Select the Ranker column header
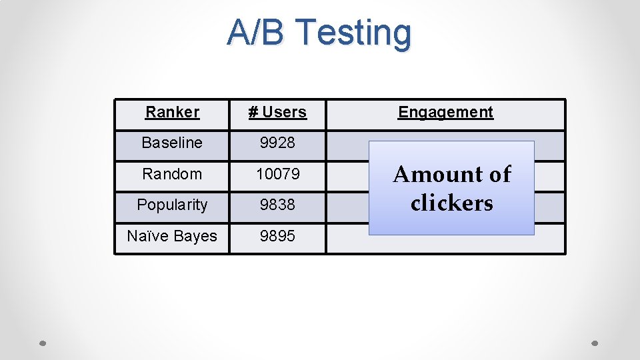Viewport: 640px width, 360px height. click(172, 112)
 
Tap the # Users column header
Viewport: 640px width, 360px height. click(277, 112)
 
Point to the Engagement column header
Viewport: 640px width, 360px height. click(445, 112)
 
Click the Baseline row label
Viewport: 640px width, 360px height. click(172, 143)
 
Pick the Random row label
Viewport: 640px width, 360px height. click(172, 174)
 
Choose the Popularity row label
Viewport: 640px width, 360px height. click(172, 205)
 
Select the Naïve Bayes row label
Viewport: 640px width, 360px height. click(172, 236)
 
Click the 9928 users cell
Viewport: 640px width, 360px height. click(277, 143)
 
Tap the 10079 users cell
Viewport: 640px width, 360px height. click(277, 174)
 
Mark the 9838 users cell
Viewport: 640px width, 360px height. click(277, 205)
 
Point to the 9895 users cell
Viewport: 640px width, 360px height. click(277, 236)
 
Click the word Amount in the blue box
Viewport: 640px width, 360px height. click(436, 175)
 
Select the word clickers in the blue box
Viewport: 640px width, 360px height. click(452, 203)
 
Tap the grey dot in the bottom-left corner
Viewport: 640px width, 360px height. click(42, 343)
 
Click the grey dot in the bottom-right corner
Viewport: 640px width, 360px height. click(595, 343)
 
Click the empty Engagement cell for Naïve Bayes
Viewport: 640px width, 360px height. click(445, 244)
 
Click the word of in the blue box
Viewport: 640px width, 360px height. click(499, 175)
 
